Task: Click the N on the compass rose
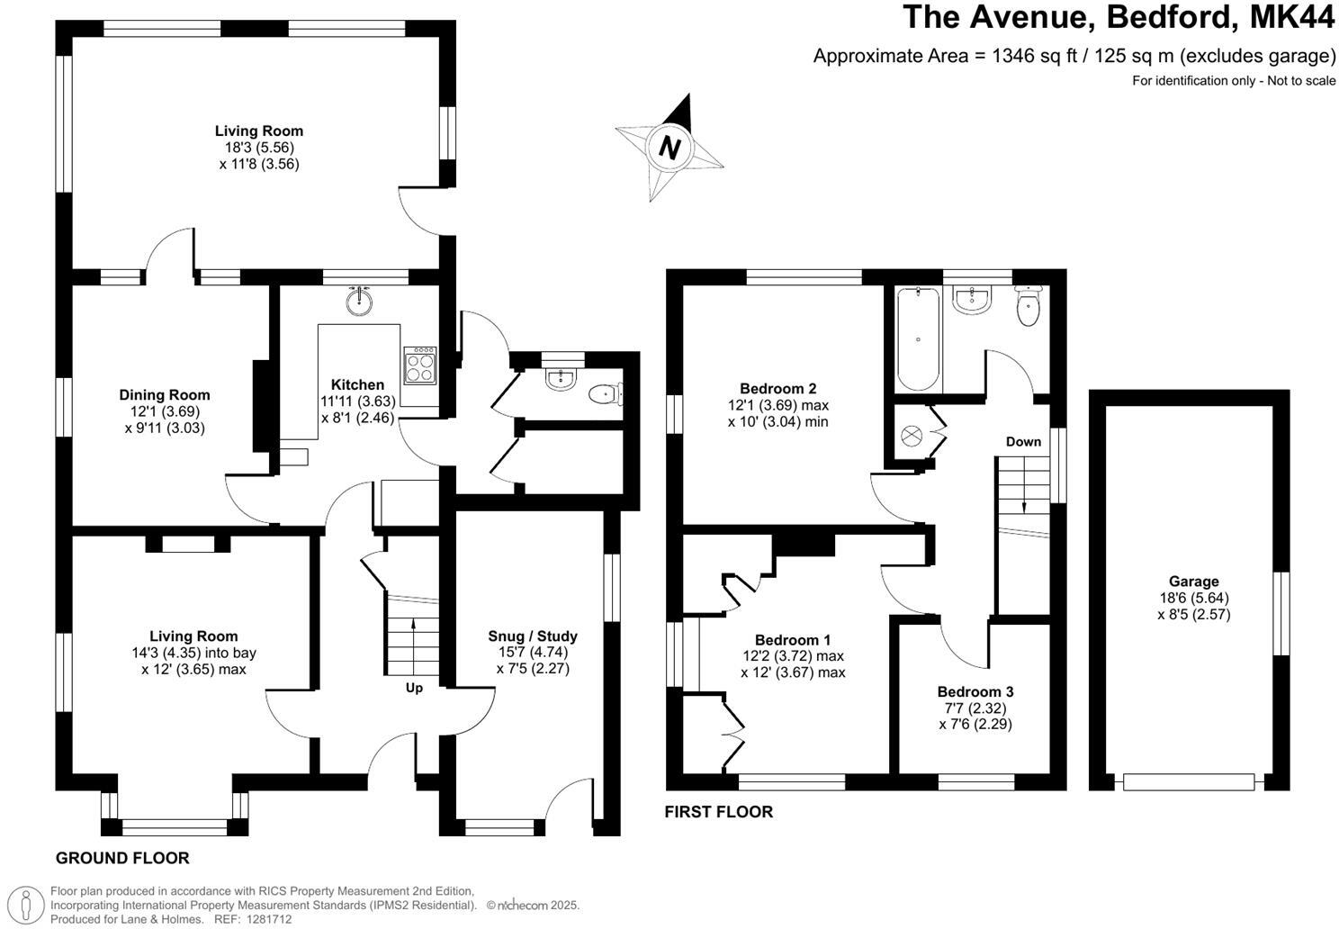point(669,147)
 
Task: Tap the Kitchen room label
point(357,384)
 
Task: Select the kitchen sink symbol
point(360,301)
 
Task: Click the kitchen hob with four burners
point(419,365)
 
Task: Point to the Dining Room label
point(165,394)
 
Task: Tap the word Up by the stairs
point(414,688)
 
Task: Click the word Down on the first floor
point(1023,441)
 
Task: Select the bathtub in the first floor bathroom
point(918,338)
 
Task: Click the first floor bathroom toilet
point(1027,308)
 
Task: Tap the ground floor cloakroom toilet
point(605,394)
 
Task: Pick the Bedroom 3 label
point(975,691)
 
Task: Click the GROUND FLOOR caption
point(122,858)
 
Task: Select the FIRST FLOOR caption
point(718,811)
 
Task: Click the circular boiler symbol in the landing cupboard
point(912,435)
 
